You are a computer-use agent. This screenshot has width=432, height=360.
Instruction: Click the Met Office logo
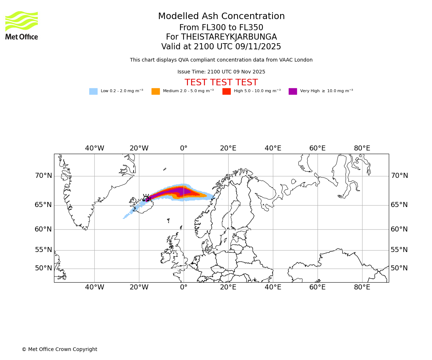[22, 25]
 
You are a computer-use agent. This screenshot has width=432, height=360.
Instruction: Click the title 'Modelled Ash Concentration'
[221, 17]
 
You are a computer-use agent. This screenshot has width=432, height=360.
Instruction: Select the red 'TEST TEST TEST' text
[221, 82]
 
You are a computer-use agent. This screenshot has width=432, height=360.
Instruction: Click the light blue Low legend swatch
[93, 91]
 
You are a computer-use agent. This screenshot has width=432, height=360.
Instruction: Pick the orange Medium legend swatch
[156, 91]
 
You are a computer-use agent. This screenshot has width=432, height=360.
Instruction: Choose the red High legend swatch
[226, 91]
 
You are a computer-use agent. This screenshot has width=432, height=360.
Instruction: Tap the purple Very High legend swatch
[293, 91]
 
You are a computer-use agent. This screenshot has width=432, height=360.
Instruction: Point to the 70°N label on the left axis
[43, 176]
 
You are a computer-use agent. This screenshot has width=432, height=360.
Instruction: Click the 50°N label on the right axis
[399, 268]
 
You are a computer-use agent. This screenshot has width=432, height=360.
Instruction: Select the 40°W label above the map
[94, 148]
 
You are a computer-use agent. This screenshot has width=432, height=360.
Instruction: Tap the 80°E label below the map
[362, 287]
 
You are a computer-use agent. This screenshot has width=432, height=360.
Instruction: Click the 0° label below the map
[184, 287]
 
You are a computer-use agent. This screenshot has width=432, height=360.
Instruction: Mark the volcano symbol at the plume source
[146, 197]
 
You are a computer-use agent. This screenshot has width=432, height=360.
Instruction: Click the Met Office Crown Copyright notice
[59, 349]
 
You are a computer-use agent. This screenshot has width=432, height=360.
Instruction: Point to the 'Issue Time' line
[221, 72]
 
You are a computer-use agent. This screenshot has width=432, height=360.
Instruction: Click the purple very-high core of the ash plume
[176, 192]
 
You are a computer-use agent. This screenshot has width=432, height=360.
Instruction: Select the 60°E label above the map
[317, 148]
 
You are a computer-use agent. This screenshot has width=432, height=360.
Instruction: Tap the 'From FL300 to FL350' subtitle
[221, 28]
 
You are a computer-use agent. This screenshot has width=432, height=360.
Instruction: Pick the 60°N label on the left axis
[43, 229]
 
